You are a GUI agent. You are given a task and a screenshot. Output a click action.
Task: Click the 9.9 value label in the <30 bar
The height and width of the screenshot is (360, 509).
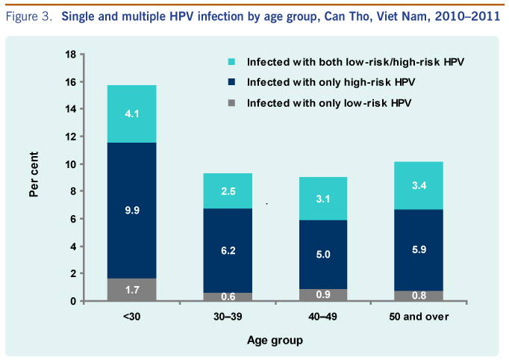tap(131, 211)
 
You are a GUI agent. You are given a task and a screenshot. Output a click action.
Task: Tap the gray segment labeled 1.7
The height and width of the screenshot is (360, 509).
tap(131, 290)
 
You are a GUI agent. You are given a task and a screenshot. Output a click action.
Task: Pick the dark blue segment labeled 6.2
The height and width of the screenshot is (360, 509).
tap(228, 250)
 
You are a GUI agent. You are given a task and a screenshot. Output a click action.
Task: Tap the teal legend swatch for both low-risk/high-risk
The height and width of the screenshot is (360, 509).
tap(231, 60)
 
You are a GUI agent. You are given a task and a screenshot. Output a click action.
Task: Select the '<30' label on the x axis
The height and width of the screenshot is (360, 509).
tap(131, 317)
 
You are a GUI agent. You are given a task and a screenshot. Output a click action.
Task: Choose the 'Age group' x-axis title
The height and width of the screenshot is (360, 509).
tap(275, 341)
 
